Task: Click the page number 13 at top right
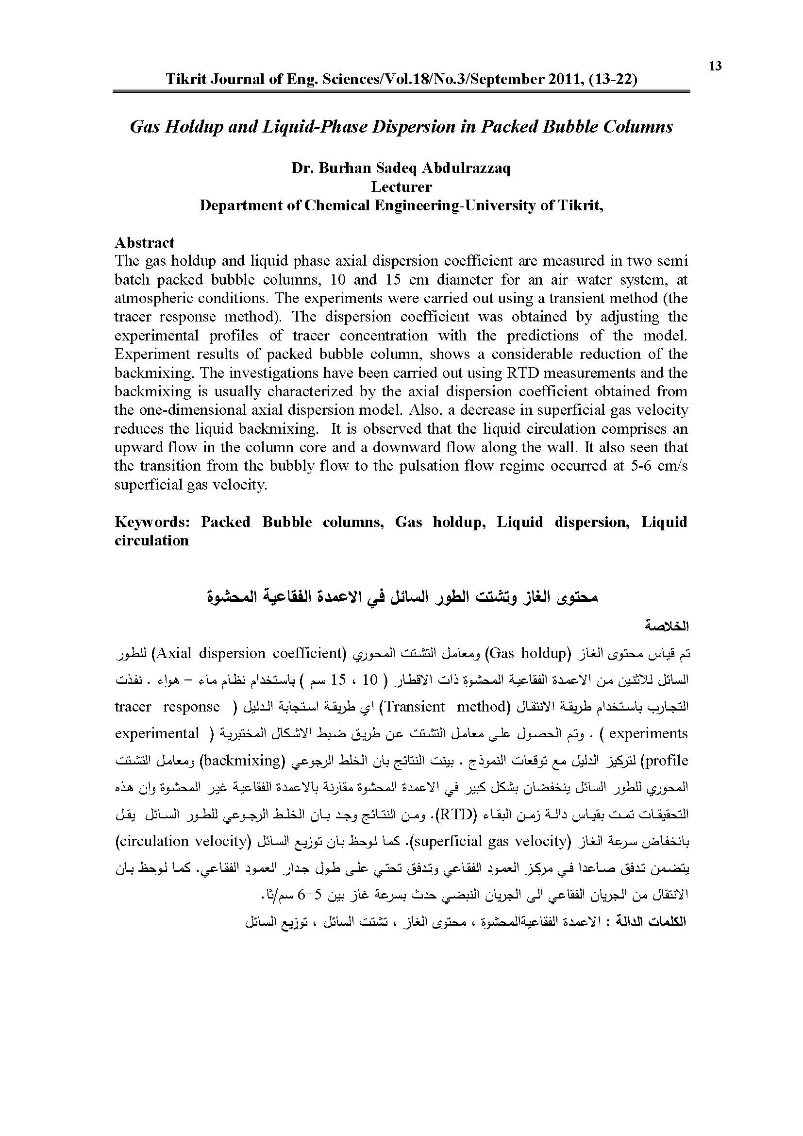point(715,67)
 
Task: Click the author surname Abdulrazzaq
point(466,168)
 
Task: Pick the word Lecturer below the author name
point(401,187)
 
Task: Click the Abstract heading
point(144,243)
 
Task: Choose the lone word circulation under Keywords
point(151,541)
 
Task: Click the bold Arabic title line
point(401,597)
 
